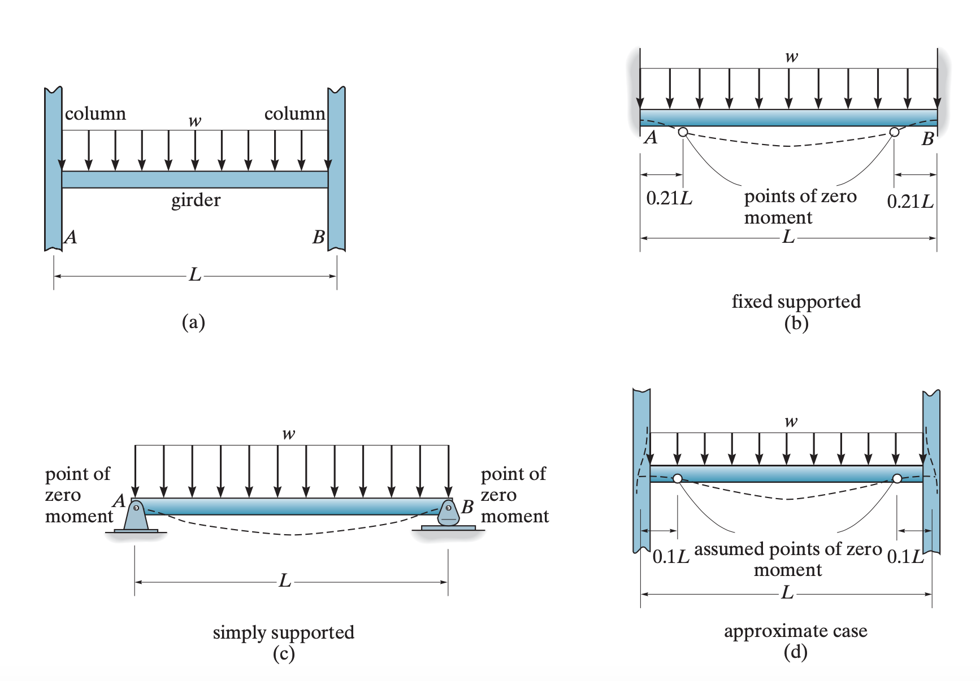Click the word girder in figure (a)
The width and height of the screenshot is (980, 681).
click(x=196, y=200)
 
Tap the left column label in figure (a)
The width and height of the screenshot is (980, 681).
click(x=96, y=114)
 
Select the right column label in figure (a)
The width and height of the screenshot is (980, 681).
click(x=295, y=114)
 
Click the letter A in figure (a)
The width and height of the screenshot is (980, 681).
click(x=71, y=237)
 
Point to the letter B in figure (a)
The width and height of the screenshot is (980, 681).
click(x=319, y=237)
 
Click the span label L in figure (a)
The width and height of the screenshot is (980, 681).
click(x=195, y=275)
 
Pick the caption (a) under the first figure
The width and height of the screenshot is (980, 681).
click(x=193, y=322)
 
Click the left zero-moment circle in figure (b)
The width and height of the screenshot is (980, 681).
click(x=683, y=132)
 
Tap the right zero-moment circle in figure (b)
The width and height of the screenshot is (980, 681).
click(x=894, y=132)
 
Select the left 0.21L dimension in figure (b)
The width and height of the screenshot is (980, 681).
click(x=669, y=198)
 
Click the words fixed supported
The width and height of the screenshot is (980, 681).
click(x=796, y=302)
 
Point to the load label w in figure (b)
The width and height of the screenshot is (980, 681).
click(x=792, y=56)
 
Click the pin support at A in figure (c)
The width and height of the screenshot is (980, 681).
click(x=136, y=516)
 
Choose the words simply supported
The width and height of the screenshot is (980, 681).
click(x=284, y=632)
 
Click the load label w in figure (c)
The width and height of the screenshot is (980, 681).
click(x=289, y=434)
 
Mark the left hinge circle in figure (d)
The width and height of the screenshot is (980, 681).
click(x=678, y=479)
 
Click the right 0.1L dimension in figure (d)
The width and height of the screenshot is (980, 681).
click(x=905, y=557)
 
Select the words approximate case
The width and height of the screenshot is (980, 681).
click(x=796, y=631)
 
